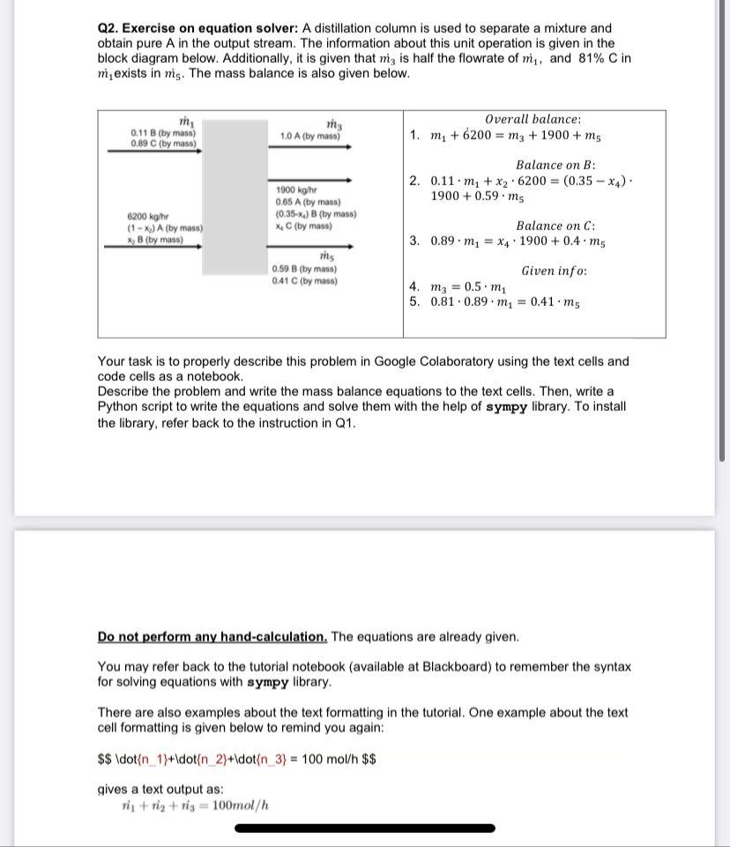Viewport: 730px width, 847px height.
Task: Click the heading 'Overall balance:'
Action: tap(533, 119)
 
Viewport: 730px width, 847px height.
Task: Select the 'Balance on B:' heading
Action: tap(555, 165)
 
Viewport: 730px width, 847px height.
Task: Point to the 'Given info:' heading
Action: tap(554, 271)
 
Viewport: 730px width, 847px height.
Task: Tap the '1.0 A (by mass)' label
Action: tap(309, 137)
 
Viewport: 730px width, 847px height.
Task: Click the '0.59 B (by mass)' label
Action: tap(304, 269)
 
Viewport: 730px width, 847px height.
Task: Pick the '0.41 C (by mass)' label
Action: tap(304, 281)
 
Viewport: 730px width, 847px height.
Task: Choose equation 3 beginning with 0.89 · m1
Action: tap(517, 241)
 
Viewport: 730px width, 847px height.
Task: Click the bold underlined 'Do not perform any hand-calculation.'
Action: tap(212, 636)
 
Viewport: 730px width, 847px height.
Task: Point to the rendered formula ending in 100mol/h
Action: tap(195, 804)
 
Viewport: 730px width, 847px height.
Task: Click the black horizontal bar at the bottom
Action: tap(365, 828)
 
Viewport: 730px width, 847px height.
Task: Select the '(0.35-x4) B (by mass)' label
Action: tap(316, 214)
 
